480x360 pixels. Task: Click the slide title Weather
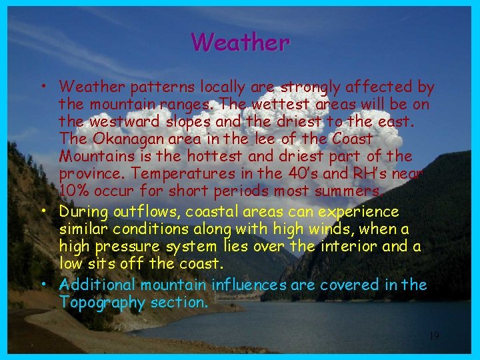point(240,42)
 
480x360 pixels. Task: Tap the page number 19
point(433,336)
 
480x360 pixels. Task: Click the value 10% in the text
point(73,191)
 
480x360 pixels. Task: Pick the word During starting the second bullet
point(82,212)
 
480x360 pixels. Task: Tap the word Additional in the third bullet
point(97,285)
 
